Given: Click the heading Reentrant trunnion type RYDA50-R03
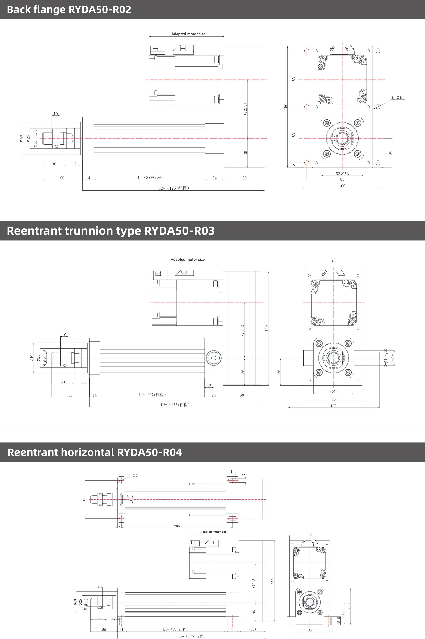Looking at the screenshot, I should (x=111, y=231).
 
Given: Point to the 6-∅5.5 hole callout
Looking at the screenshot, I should (x=398, y=98).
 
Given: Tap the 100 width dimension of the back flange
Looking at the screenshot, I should (x=342, y=186).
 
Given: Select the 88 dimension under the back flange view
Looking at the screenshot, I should (x=342, y=179).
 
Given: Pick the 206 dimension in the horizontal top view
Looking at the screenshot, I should (x=177, y=526).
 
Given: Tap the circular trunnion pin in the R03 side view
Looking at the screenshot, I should (x=214, y=358).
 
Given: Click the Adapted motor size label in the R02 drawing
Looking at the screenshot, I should (x=188, y=34).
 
